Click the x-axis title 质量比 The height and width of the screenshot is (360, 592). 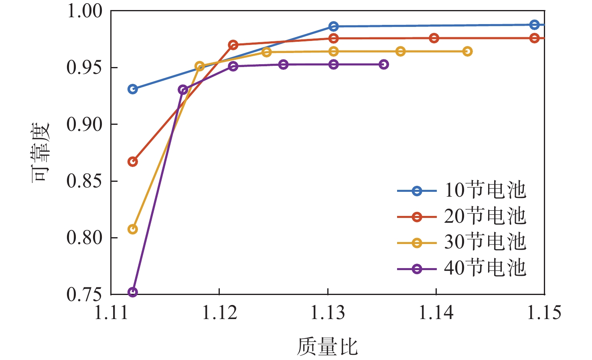pyautogui.click(x=327, y=346)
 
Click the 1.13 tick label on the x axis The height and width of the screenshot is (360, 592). pyautogui.click(x=328, y=313)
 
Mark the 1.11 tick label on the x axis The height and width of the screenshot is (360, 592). pyautogui.click(x=111, y=313)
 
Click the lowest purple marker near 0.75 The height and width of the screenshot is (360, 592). pyautogui.click(x=133, y=292)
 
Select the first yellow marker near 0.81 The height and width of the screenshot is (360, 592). pyautogui.click(x=133, y=229)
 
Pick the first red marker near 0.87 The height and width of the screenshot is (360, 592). pyautogui.click(x=133, y=162)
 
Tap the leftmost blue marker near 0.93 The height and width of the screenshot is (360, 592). pyautogui.click(x=133, y=89)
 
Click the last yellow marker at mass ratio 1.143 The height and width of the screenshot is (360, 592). pyautogui.click(x=467, y=51)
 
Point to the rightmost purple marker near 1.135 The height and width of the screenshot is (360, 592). pyautogui.click(x=384, y=65)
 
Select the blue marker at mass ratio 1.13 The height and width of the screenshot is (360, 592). pyautogui.click(x=333, y=26)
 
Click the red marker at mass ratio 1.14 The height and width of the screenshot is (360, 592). pyautogui.click(x=434, y=38)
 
